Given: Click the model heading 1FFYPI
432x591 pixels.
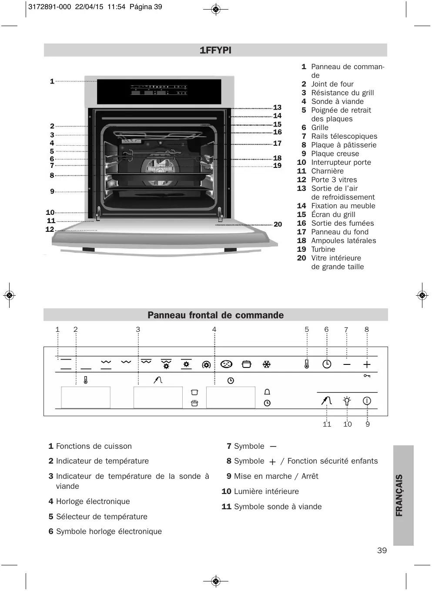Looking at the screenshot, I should (215, 50).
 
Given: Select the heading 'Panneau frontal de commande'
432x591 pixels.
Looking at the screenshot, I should (215, 315).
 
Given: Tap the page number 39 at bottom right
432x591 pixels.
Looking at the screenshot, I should (382, 551).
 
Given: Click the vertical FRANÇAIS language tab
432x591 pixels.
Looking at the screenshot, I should (399, 495).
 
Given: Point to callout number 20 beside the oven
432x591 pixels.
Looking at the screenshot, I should (278, 224).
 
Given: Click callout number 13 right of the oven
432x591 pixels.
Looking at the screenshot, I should (277, 107).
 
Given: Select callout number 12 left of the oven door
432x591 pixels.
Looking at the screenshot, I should (50, 229).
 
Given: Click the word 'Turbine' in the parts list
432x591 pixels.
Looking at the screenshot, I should (323, 249).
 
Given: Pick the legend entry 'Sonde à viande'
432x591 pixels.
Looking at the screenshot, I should (337, 101).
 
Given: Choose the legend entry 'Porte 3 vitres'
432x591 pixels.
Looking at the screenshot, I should (334, 180).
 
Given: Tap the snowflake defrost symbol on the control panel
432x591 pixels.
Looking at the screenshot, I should (267, 364).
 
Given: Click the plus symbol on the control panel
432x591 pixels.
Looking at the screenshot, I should (367, 364).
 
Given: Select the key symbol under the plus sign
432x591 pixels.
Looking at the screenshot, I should (367, 376).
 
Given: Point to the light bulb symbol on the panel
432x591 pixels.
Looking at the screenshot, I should (347, 401).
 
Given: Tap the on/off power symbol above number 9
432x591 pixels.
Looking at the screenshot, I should (367, 401).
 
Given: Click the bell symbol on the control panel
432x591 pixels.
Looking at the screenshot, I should (267, 392).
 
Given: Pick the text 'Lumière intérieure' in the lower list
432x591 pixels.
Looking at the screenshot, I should (266, 491).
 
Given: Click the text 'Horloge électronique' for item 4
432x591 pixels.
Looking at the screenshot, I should (93, 501).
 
